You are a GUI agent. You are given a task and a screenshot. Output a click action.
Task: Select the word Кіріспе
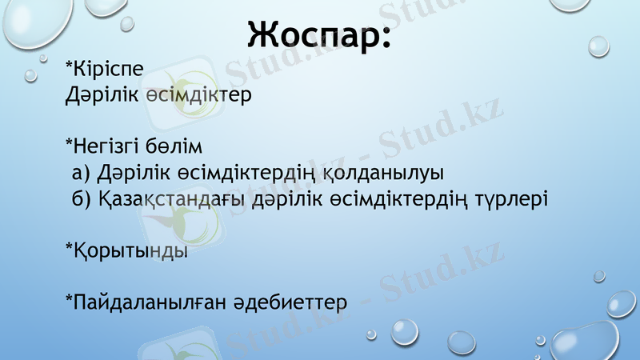[109, 70]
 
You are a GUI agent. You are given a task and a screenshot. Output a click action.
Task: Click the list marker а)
[81, 173]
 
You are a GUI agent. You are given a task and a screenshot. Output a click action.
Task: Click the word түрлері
[514, 198]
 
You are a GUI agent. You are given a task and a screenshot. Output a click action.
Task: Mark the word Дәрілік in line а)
[130, 173]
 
